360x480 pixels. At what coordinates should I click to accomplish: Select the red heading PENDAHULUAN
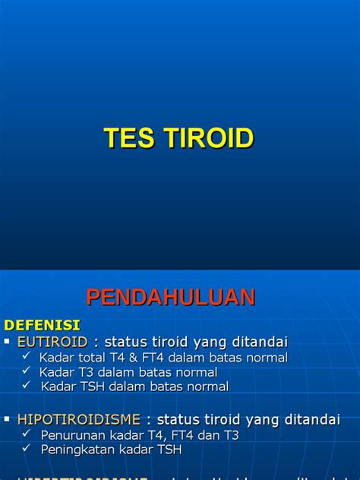(171, 297)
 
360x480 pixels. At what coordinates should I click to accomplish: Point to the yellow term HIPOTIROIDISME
(79, 419)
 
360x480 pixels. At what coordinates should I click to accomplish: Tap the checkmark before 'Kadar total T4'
(27, 356)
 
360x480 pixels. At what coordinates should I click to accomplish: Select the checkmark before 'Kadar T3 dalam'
(27, 371)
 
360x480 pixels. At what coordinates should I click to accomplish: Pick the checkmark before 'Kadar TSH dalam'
(27, 386)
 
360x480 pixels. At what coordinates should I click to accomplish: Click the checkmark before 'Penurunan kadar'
(27, 434)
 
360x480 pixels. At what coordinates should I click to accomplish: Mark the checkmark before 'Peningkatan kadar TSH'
(27, 449)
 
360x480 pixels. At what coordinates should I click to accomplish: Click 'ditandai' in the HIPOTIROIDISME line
(312, 419)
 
